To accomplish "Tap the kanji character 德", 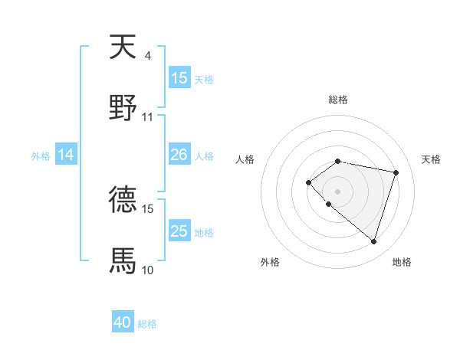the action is tap(123, 200).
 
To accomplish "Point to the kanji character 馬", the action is tap(123, 260).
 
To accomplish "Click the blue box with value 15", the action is tap(179, 78).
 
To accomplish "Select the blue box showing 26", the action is tap(179, 155).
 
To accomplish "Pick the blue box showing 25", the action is tap(179, 231).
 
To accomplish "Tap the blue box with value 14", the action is tap(66, 155).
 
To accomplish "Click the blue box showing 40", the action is tap(123, 323).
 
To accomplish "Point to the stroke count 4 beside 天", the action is tap(147, 56).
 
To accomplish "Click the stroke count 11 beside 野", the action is tap(147, 117).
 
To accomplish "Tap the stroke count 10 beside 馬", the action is tap(147, 270).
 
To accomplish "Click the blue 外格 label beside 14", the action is tap(41, 156).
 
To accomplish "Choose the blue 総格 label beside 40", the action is tap(147, 324).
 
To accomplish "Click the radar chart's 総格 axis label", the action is tap(338, 100).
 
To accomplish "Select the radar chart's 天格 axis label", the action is tap(432, 159).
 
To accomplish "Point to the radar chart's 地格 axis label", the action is tap(402, 262).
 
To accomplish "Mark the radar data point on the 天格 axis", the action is tap(396, 172).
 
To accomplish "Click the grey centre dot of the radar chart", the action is tap(337, 191).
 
